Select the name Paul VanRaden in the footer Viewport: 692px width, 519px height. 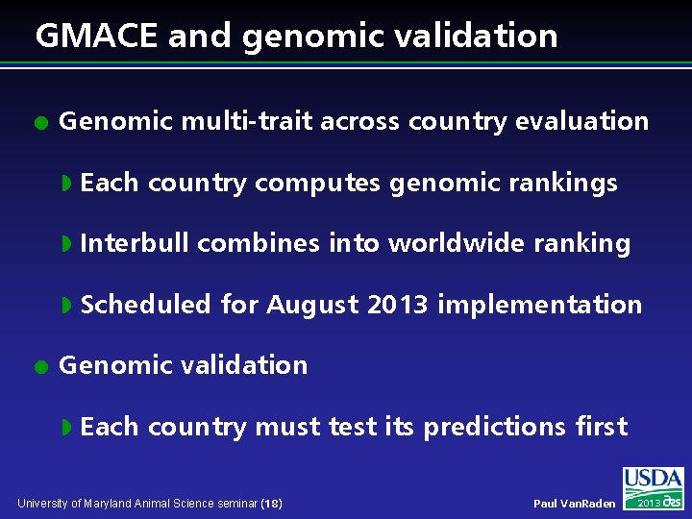[574, 504]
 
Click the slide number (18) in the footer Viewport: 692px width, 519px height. [271, 504]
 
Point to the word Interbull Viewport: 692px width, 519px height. [135, 243]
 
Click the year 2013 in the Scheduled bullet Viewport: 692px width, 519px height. [398, 305]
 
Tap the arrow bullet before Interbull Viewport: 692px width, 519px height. [66, 244]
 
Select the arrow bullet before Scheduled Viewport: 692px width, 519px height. [66, 306]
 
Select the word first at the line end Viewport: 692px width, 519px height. [601, 427]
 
